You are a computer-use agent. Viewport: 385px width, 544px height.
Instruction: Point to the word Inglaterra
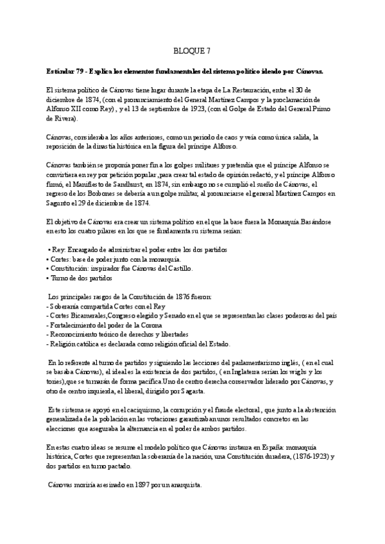point(258,373)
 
